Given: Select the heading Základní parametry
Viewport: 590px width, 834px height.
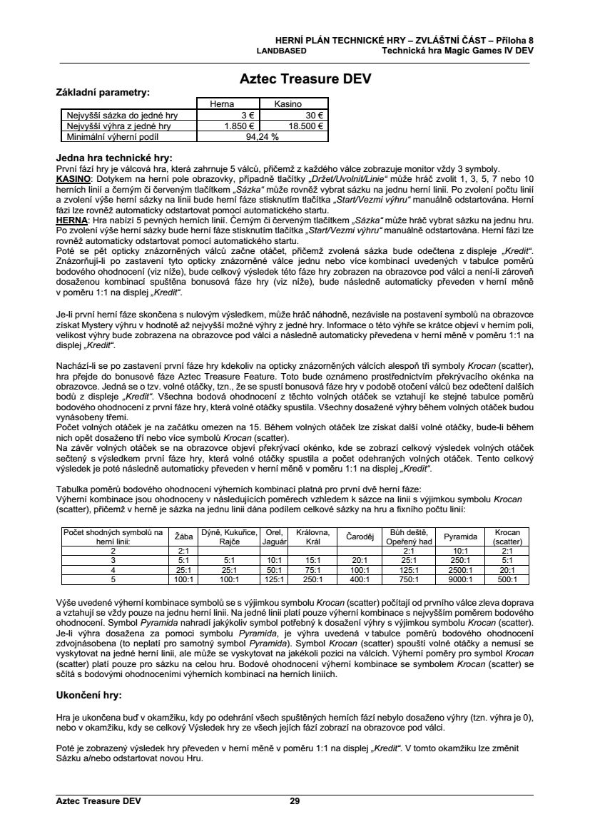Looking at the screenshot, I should click(103, 93).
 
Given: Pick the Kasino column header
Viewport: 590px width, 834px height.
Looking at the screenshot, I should click(288, 104).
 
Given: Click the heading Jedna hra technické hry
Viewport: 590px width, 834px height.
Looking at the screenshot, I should click(114, 158).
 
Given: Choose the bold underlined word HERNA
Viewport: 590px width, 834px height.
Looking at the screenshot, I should click(71, 223).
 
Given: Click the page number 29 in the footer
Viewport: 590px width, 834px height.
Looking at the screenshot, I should click(295, 801).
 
